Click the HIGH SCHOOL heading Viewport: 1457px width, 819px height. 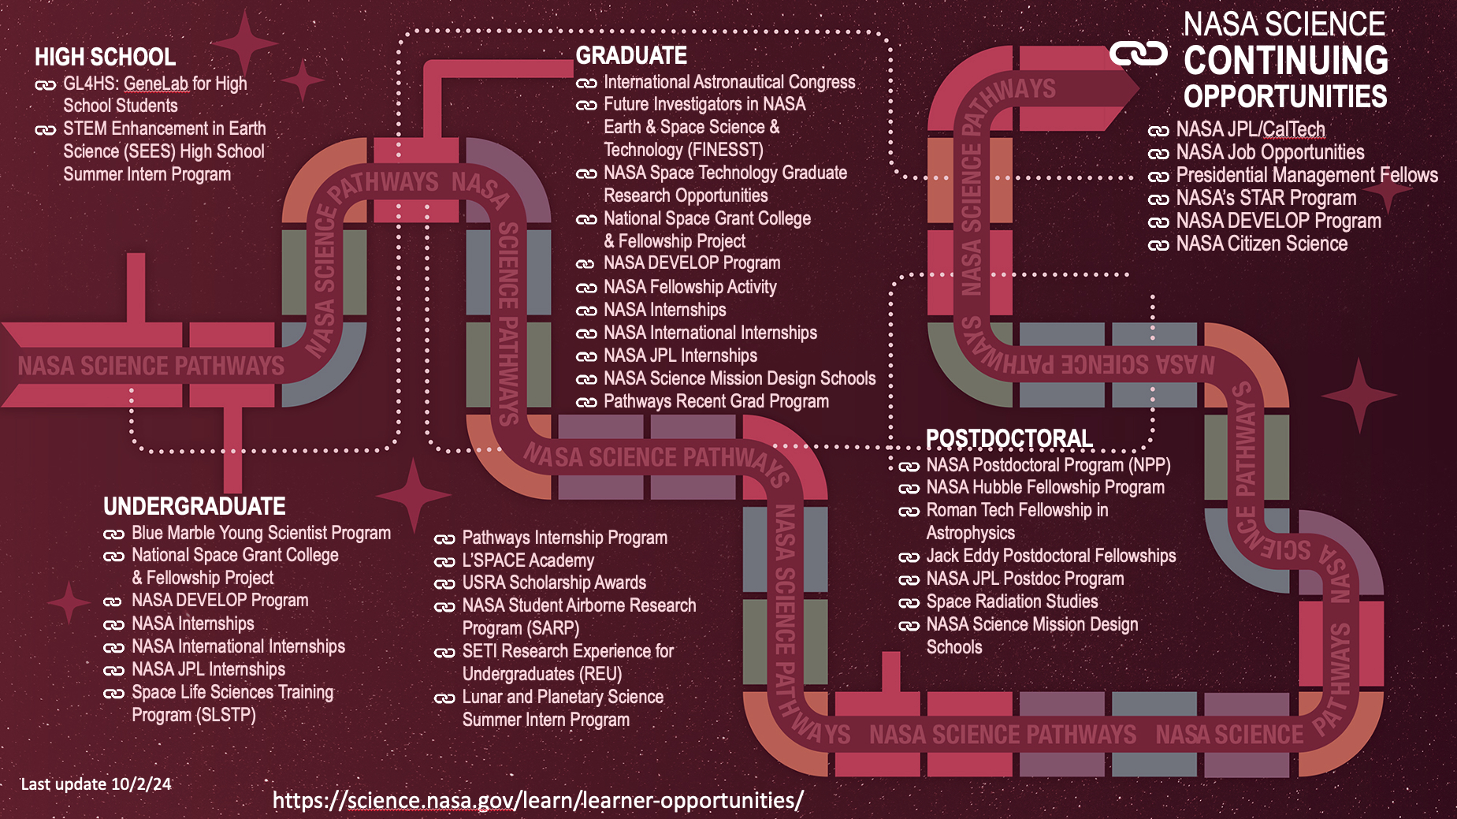[x=105, y=57]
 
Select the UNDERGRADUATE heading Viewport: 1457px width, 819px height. [x=194, y=506]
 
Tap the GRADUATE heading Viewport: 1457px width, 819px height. [x=631, y=55]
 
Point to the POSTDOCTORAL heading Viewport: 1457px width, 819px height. [x=1009, y=438]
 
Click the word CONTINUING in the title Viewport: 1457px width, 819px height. [x=1285, y=61]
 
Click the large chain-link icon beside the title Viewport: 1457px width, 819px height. [x=1138, y=54]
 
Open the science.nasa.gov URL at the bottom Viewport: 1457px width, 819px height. [x=537, y=800]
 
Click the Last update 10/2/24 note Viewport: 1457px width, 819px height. [x=95, y=784]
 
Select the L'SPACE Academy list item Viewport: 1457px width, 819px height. [x=528, y=560]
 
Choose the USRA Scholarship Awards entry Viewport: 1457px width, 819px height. [x=554, y=583]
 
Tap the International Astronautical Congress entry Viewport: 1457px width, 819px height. [x=729, y=82]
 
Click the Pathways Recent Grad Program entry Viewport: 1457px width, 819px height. [x=715, y=401]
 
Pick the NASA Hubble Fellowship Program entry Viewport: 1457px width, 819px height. [x=1045, y=487]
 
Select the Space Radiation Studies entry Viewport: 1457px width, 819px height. [x=1012, y=601]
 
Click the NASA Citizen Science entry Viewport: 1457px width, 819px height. [x=1262, y=244]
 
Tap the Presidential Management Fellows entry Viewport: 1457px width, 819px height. [x=1306, y=175]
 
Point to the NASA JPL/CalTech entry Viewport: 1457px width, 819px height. [x=1251, y=129]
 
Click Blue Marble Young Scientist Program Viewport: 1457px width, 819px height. [x=261, y=533]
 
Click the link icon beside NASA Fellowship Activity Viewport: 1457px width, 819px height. [x=585, y=288]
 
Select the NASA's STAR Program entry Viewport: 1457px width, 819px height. [x=1266, y=198]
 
